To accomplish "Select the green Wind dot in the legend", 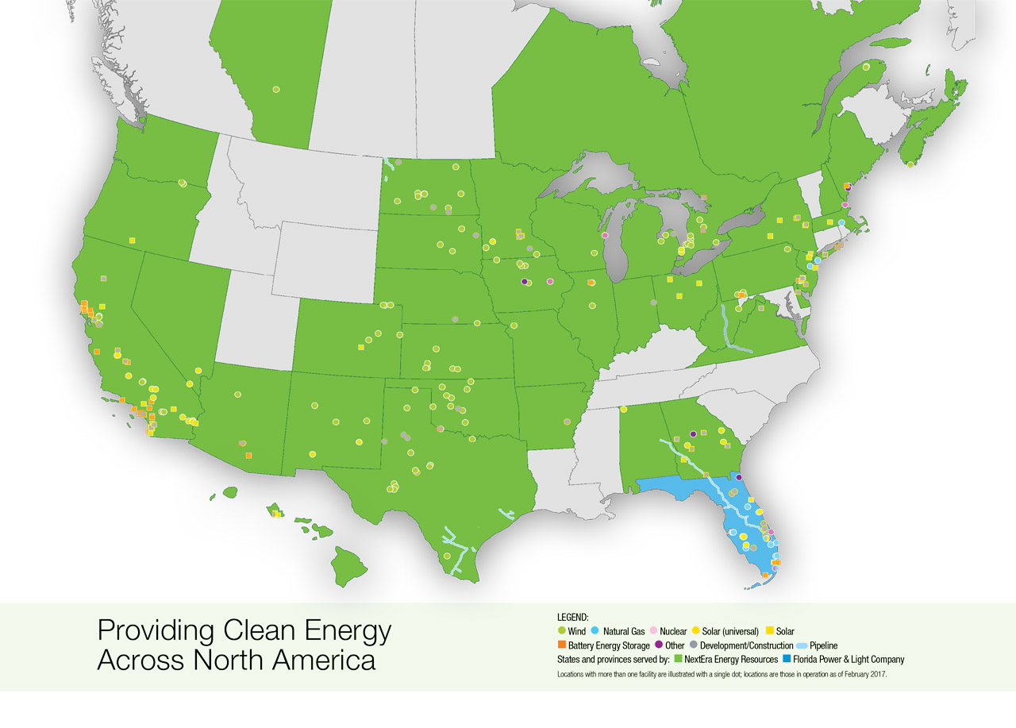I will (x=562, y=632).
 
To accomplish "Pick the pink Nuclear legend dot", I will (x=652, y=632).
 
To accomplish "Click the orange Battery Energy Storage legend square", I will (x=562, y=645).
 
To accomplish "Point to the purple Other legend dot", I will (x=659, y=645).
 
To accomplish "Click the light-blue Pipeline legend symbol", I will (x=802, y=645).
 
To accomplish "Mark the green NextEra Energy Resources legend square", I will (x=677, y=659).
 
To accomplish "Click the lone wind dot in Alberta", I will (x=276, y=90).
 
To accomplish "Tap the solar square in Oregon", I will (x=132, y=240).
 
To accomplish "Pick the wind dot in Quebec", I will (x=866, y=67).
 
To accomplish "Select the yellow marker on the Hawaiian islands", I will (x=276, y=514).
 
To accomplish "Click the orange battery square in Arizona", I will (x=248, y=455).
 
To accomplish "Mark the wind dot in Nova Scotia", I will (x=910, y=164).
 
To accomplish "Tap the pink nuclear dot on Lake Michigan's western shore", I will (x=605, y=236).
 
